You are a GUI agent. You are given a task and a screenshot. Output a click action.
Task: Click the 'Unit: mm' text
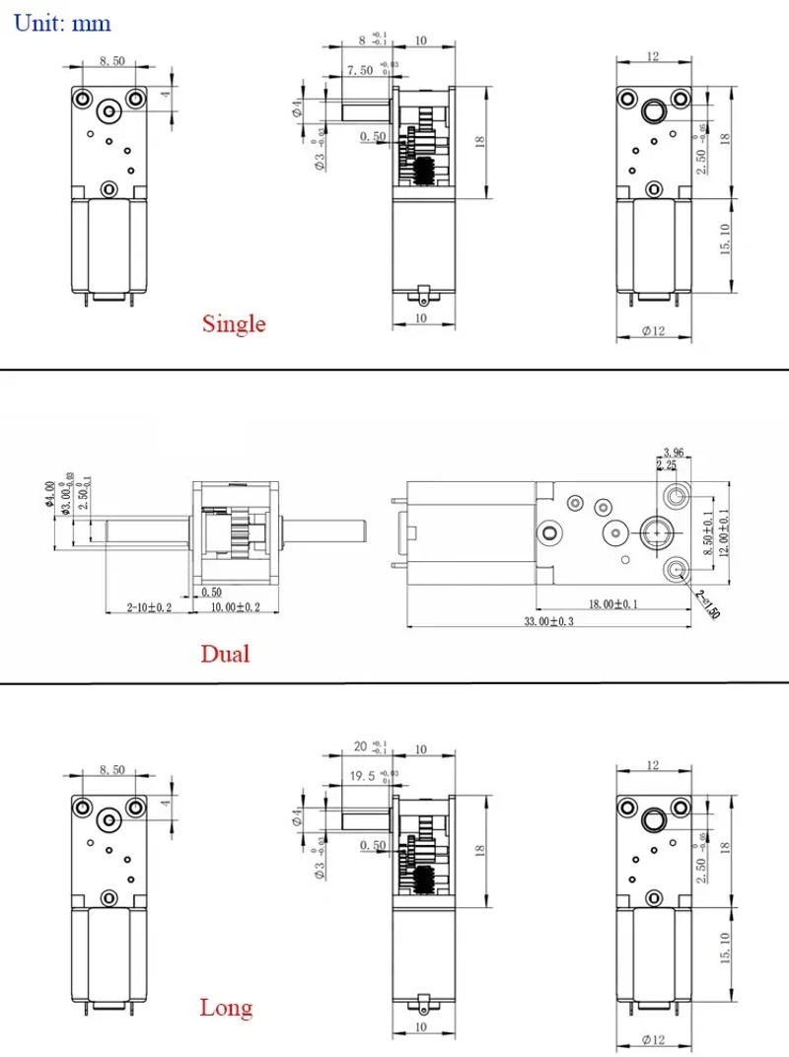pyautogui.click(x=62, y=22)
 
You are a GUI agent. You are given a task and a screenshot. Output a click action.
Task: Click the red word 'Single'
pyautogui.click(x=234, y=323)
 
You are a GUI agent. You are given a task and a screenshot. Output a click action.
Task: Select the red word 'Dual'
pyautogui.click(x=225, y=654)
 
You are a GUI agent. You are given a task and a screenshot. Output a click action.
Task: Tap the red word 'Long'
pyautogui.click(x=226, y=1007)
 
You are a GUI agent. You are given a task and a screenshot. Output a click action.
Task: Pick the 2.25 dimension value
pyautogui.click(x=667, y=465)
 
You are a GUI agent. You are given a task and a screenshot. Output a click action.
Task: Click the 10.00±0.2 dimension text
pyautogui.click(x=236, y=607)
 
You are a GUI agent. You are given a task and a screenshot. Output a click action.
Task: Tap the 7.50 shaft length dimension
pyautogui.click(x=361, y=70)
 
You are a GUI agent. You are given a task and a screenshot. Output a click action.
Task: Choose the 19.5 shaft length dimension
pyautogui.click(x=364, y=776)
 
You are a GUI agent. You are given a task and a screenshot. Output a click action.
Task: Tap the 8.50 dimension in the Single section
pyautogui.click(x=110, y=61)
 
